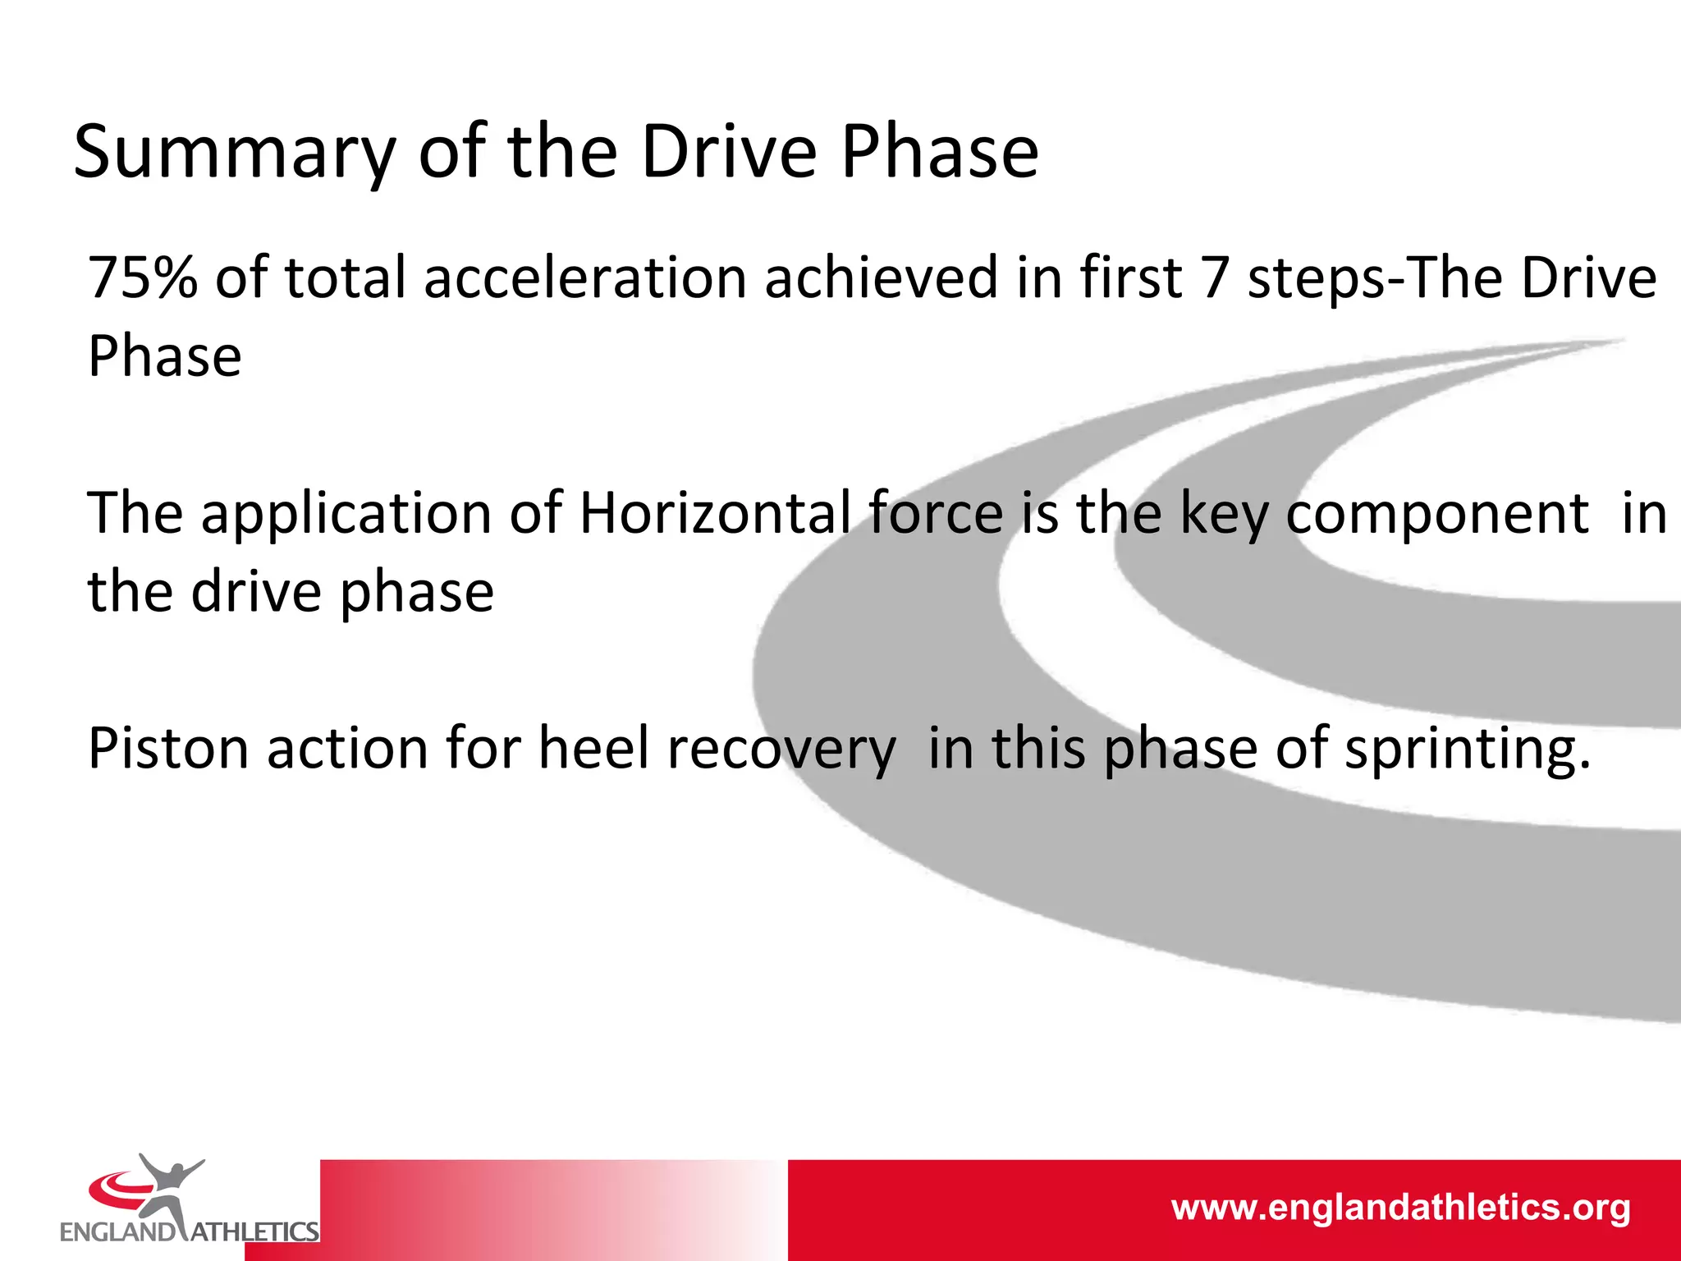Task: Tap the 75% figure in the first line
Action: [142, 277]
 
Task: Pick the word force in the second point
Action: [936, 514]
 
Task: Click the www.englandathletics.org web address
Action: [1400, 1208]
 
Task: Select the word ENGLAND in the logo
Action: [117, 1231]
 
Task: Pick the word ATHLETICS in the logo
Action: [254, 1231]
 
